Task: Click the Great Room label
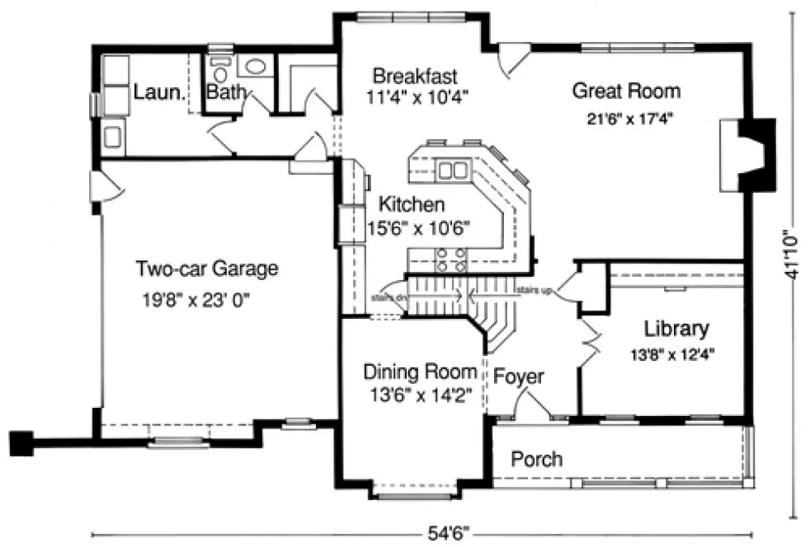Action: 626,91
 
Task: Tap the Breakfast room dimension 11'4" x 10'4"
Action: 413,96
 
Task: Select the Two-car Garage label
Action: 207,269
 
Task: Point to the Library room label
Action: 676,330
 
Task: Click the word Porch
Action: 536,459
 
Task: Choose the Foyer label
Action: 519,377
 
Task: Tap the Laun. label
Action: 158,92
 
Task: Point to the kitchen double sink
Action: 451,171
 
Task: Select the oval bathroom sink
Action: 256,66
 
